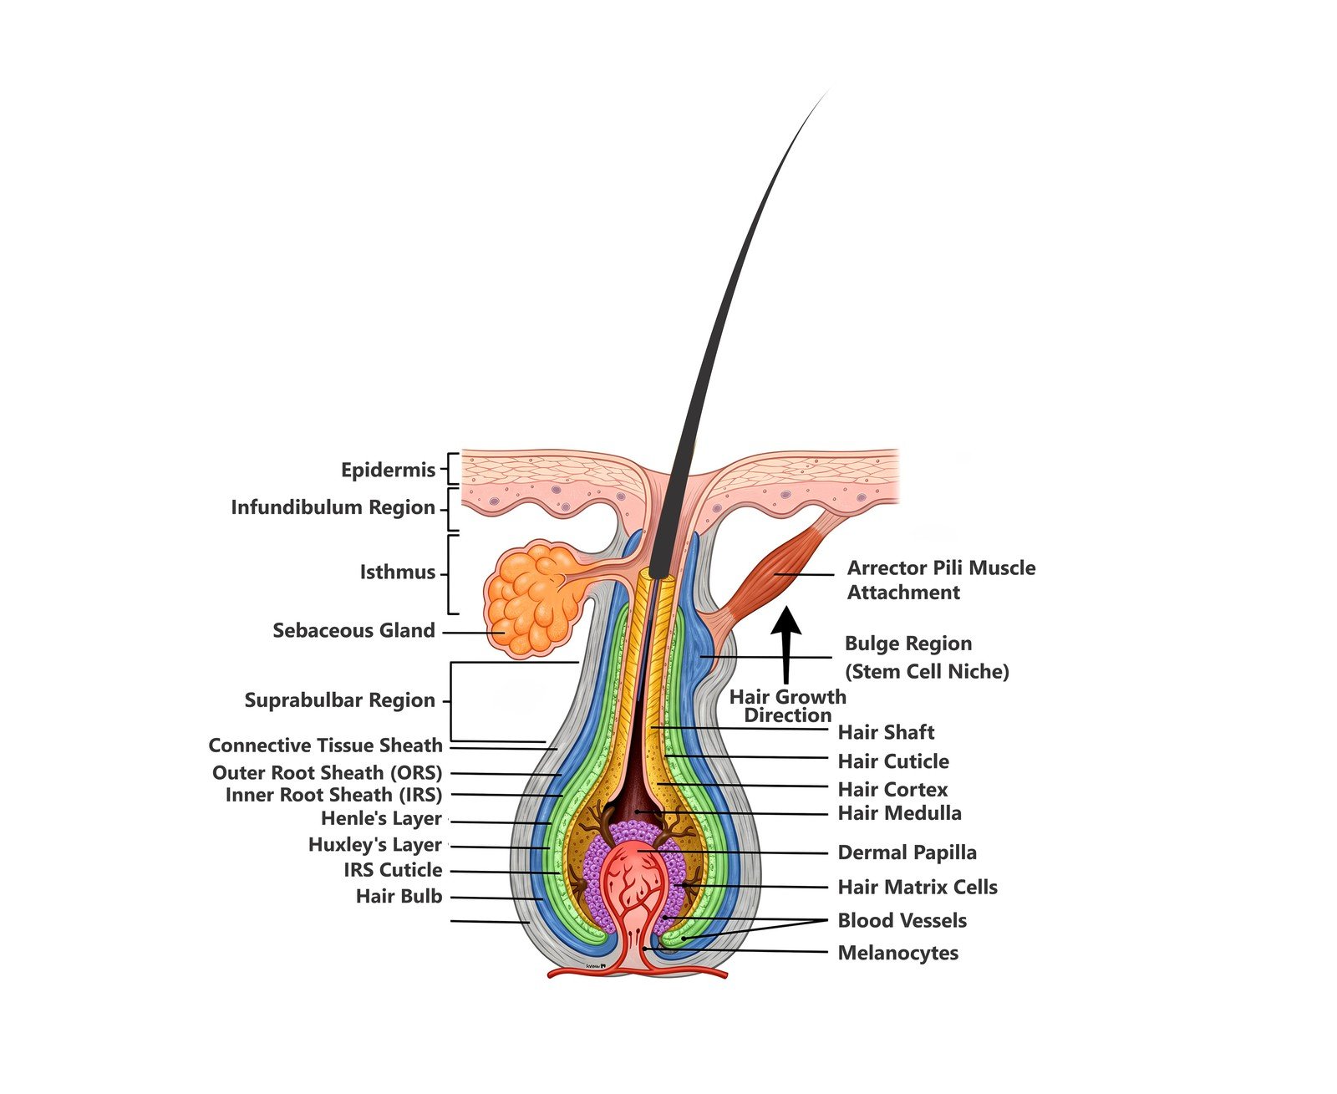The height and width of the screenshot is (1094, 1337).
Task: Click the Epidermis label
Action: pos(388,470)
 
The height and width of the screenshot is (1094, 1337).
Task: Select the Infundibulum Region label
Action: pos(333,507)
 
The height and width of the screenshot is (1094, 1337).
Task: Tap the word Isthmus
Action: pos(398,572)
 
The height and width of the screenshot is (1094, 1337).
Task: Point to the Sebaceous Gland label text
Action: pos(353,630)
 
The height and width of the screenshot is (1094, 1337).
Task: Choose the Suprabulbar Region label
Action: pos(340,700)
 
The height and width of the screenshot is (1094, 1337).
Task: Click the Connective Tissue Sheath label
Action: pos(325,745)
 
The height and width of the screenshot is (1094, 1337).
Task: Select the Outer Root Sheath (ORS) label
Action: pos(327,772)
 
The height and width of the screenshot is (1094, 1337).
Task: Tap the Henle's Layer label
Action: pos(381,818)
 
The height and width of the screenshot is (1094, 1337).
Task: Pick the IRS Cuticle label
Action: pos(393,869)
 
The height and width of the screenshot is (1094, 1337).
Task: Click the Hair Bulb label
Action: pos(399,896)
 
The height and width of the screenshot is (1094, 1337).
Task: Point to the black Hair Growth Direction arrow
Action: pos(786,644)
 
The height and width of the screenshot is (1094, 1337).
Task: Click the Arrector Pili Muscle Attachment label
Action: pos(941,580)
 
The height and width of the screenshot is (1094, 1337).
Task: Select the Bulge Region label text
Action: pos(907,644)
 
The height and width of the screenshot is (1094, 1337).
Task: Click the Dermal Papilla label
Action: pos(907,852)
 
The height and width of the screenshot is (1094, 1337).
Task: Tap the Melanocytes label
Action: pos(897,953)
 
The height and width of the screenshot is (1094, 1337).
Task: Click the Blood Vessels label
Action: pos(902,920)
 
